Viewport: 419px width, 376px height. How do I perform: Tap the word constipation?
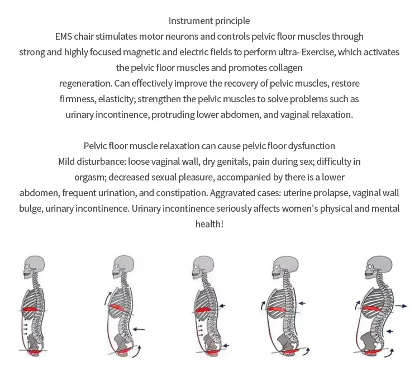182,193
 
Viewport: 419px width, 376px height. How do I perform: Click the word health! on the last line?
209,224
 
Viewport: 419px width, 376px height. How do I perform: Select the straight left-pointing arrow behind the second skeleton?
139,329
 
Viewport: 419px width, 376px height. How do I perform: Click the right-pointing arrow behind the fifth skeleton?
401,306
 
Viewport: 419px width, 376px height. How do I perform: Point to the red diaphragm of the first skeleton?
30,310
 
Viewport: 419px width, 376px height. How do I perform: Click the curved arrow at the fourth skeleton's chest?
263,305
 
